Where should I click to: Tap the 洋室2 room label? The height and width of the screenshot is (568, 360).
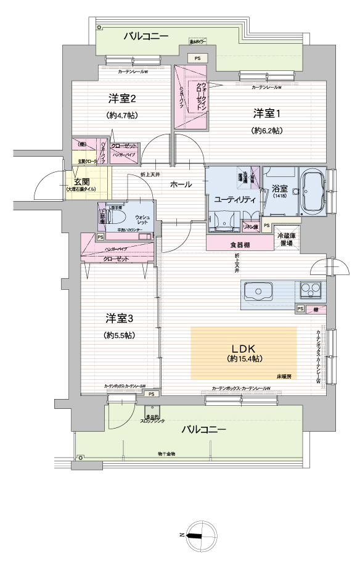pos(122,99)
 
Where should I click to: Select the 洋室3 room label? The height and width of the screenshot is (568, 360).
pos(120,318)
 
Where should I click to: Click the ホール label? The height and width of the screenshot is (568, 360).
pos(180,184)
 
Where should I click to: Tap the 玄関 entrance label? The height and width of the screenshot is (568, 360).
pos(81,182)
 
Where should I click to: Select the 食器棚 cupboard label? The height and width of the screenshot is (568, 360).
pos(240,244)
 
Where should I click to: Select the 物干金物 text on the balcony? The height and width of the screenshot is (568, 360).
pos(166,454)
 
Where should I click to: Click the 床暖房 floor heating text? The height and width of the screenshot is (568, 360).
pos(283,376)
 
